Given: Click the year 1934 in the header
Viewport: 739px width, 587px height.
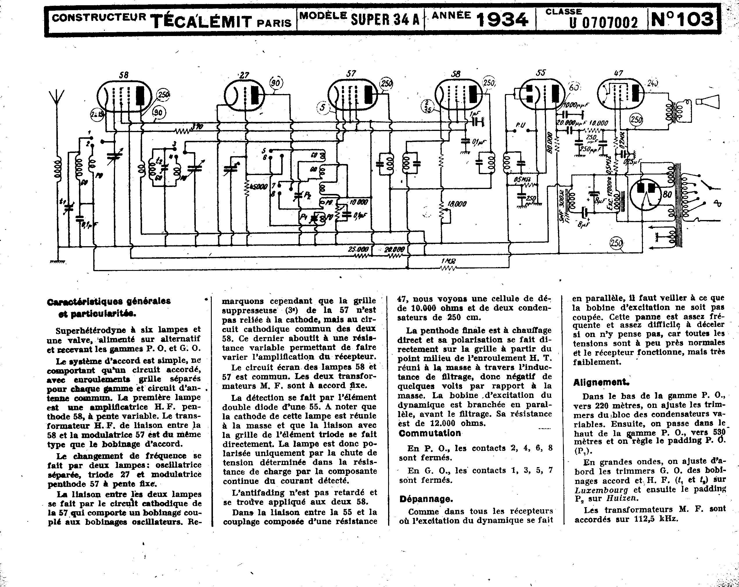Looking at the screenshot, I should (x=502, y=20).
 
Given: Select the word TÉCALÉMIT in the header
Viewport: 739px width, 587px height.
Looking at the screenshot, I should (x=201, y=21).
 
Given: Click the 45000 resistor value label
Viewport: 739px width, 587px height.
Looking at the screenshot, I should (x=259, y=187).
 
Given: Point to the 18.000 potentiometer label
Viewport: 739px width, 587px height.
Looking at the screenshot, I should (x=457, y=204).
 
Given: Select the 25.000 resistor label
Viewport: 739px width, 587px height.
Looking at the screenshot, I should (x=358, y=249).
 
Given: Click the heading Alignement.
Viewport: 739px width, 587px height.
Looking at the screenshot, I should (x=600, y=383).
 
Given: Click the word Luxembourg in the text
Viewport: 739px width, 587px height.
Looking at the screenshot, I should (x=601, y=490).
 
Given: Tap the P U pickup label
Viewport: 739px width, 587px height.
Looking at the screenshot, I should (x=520, y=125).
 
